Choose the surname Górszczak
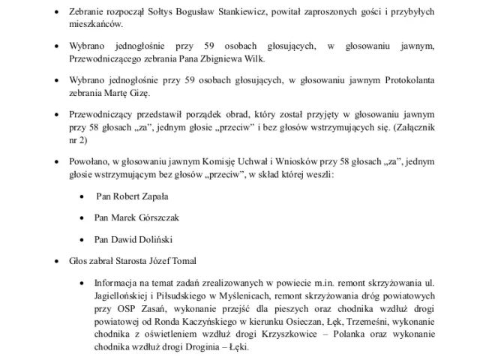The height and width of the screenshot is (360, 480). click(x=157, y=217)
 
